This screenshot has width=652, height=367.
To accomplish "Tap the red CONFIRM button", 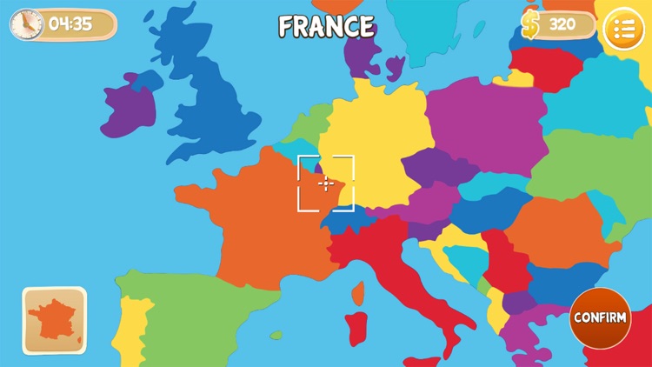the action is (600, 317).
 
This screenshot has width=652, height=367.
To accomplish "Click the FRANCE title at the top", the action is (326, 27).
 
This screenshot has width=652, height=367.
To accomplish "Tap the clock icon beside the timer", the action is (25, 24).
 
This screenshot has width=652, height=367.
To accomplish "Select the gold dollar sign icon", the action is (530, 24).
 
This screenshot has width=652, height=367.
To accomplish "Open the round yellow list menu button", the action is (623, 29).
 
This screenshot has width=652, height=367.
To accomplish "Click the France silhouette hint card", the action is (54, 320).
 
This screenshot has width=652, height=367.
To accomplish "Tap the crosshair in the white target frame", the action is (326, 183).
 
